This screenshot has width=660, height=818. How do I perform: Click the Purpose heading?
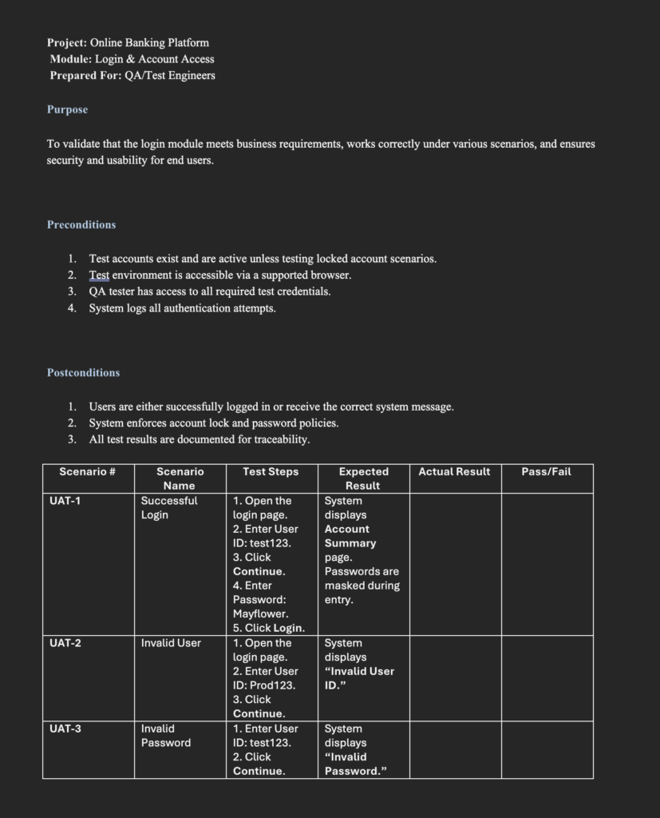click(x=67, y=109)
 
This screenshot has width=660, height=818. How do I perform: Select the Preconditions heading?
click(x=81, y=224)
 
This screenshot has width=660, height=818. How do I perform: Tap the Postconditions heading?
click(x=83, y=372)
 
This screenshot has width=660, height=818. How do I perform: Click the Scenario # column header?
click(x=88, y=472)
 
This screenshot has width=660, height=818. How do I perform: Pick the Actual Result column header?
click(x=454, y=472)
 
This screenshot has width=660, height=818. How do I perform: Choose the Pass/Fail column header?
click(x=546, y=472)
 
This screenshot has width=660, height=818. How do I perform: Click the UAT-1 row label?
click(x=65, y=501)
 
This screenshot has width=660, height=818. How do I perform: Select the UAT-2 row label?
click(x=65, y=643)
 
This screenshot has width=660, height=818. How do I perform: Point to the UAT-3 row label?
click(x=65, y=729)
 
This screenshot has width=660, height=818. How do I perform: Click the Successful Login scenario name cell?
click(x=169, y=508)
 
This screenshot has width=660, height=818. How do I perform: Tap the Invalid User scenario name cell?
click(x=171, y=643)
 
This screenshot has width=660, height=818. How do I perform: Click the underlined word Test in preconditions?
click(x=99, y=275)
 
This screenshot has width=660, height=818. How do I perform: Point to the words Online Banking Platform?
click(x=149, y=42)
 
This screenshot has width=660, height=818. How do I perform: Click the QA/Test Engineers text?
click(x=169, y=75)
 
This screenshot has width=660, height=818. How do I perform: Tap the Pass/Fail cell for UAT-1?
click(x=547, y=564)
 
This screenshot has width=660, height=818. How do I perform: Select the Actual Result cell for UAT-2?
click(x=455, y=678)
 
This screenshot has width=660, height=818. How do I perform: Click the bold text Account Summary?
click(x=350, y=536)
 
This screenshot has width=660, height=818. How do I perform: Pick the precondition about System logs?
click(x=182, y=308)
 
